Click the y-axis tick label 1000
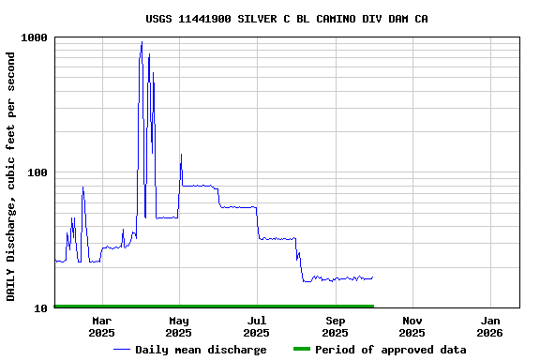[36, 38]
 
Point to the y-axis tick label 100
[38, 173]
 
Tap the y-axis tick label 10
[41, 308]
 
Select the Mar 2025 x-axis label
[101, 327]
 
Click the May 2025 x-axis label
[178, 327]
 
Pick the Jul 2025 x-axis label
[256, 327]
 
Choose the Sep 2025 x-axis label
[335, 327]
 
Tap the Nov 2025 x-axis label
[412, 327]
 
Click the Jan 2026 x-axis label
[489, 327]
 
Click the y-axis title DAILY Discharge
[11, 176]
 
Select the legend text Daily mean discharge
[201, 350]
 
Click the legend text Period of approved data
[390, 350]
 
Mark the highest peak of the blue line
[142, 42]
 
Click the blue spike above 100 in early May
[181, 155]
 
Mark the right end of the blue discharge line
[372, 277]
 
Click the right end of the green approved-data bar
[373, 306]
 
